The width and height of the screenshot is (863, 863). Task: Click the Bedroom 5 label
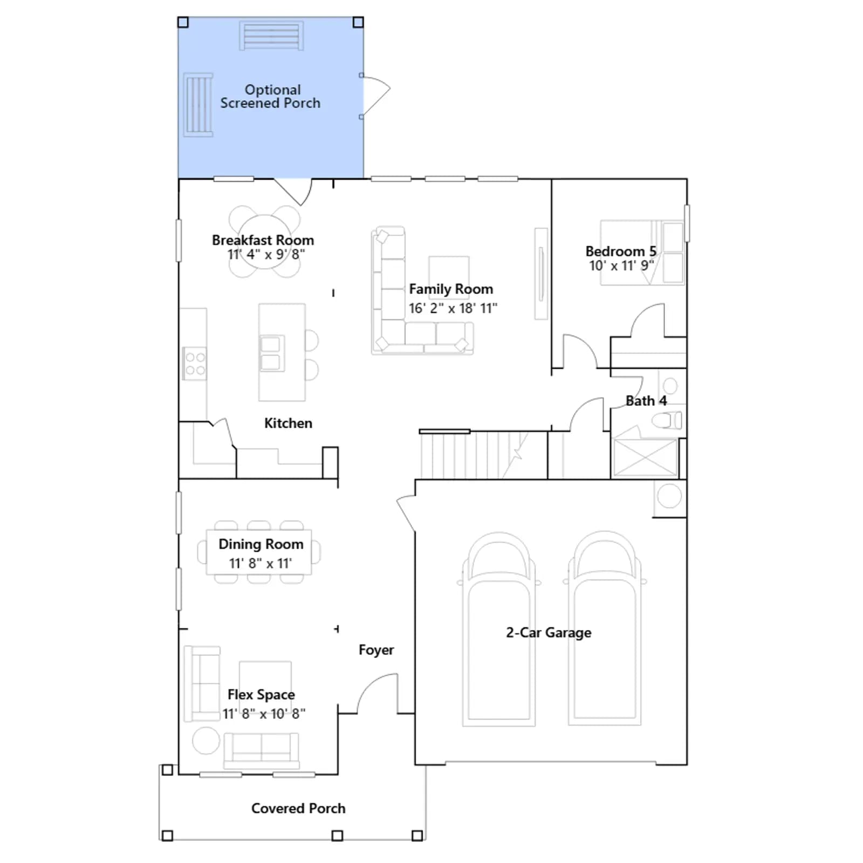pyautogui.click(x=621, y=251)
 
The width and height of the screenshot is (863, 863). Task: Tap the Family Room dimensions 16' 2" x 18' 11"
pyautogui.click(x=453, y=309)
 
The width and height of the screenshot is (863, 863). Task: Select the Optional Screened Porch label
pyautogui.click(x=271, y=97)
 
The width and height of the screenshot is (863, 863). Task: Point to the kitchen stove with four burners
pyautogui.click(x=195, y=363)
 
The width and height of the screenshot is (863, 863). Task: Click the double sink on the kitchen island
pyautogui.click(x=271, y=353)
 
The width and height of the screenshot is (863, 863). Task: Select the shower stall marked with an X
pyautogui.click(x=645, y=457)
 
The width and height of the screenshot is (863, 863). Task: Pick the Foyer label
pyautogui.click(x=376, y=650)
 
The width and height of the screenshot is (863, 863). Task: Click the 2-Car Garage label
pyautogui.click(x=549, y=633)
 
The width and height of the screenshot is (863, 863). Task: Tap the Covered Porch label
pyautogui.click(x=298, y=808)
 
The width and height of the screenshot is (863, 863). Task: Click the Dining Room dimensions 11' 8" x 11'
pyautogui.click(x=261, y=564)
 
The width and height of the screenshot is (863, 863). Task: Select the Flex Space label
pyautogui.click(x=261, y=695)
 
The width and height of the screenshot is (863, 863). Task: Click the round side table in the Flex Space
pyautogui.click(x=206, y=740)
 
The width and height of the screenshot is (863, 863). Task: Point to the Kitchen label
pyautogui.click(x=288, y=423)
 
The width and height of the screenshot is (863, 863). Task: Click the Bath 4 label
pyautogui.click(x=646, y=401)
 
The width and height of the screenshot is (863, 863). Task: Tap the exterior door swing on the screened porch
pyautogui.click(x=376, y=96)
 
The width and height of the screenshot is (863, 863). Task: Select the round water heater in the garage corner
pyautogui.click(x=669, y=496)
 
